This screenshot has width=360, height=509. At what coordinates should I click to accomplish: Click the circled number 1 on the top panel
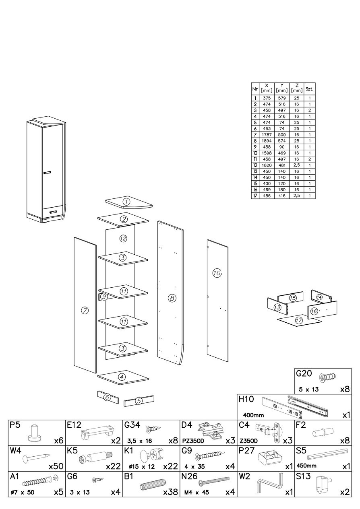pos(126,202)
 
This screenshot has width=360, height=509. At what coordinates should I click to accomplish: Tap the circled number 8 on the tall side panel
pos(172,298)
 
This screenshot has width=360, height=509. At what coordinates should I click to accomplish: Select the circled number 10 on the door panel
pos(217,273)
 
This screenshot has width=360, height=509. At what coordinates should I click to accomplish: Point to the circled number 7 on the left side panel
pos(85,310)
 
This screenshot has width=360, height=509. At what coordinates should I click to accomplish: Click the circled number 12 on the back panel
pos(123,239)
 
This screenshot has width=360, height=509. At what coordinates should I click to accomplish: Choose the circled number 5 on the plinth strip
pos(139,401)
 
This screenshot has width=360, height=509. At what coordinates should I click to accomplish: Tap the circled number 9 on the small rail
pos(103,297)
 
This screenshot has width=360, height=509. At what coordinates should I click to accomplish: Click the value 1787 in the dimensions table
pos(266,134)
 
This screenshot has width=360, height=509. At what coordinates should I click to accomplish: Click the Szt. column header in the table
pos(310,88)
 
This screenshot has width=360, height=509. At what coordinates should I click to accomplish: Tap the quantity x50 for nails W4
pos(56,466)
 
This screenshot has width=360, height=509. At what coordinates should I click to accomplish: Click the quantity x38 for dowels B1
pos(170,492)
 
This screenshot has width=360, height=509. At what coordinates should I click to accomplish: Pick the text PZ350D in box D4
pos(191,441)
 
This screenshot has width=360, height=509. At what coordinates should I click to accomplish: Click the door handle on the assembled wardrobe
pos(47,173)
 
